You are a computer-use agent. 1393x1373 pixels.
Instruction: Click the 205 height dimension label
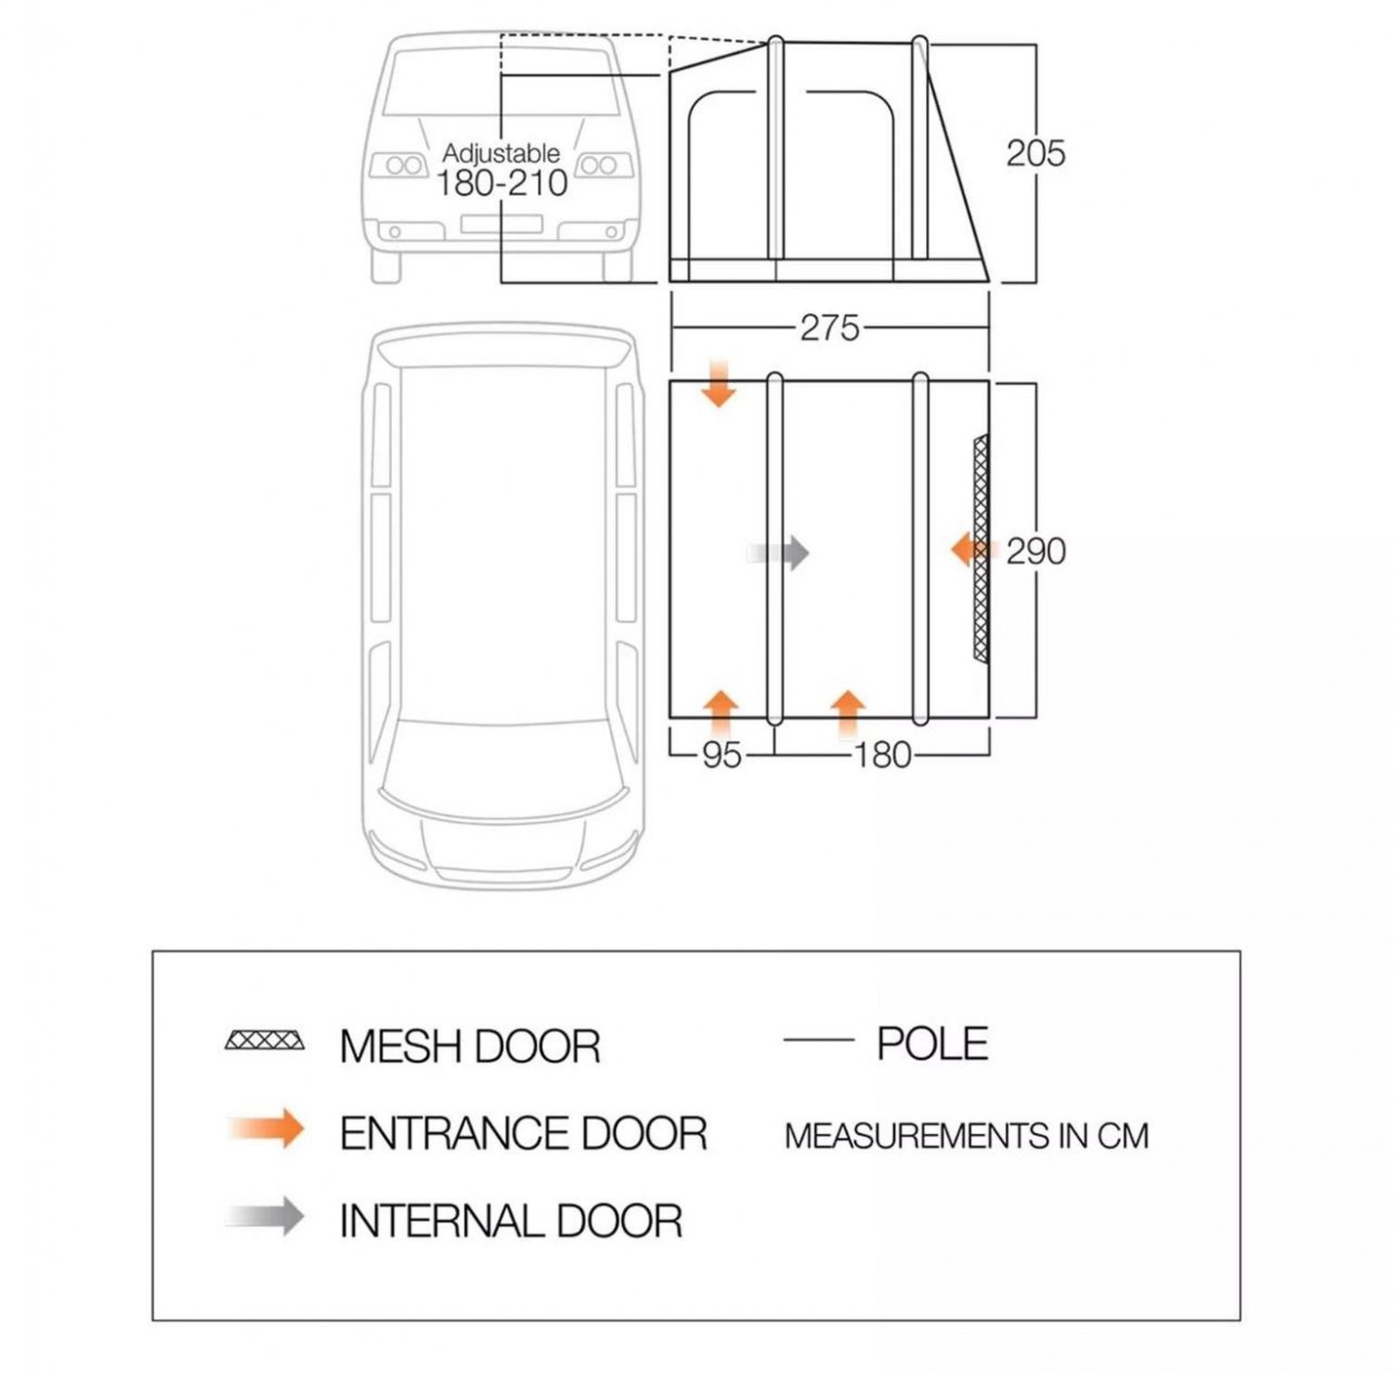(x=1035, y=153)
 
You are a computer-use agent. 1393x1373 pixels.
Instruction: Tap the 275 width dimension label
(x=829, y=328)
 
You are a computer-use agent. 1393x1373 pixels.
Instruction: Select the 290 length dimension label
(x=1035, y=552)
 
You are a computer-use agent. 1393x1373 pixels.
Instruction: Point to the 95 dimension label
(x=722, y=755)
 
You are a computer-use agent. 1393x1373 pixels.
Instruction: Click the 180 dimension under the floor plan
(x=881, y=755)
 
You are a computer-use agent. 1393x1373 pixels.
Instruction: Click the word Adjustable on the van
(x=501, y=152)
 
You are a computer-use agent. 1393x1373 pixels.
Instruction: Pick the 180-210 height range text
(x=501, y=183)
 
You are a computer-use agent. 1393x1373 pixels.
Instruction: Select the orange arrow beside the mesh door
(x=968, y=550)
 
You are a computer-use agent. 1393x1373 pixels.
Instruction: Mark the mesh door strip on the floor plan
(x=980, y=548)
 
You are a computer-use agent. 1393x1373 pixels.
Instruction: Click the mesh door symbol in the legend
(x=265, y=1040)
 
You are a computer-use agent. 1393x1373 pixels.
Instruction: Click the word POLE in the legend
(x=932, y=1044)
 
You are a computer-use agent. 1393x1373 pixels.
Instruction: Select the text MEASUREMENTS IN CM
(x=966, y=1135)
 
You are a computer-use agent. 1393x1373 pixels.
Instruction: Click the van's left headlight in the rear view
(x=400, y=166)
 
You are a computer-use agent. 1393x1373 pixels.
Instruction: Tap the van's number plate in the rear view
(x=501, y=224)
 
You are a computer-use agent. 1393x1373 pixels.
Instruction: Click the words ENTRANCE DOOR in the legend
(x=523, y=1133)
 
